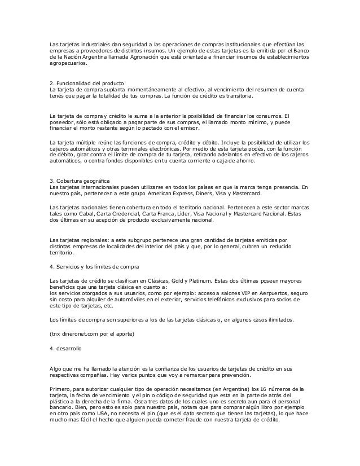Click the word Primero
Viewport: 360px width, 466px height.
tap(61, 389)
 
